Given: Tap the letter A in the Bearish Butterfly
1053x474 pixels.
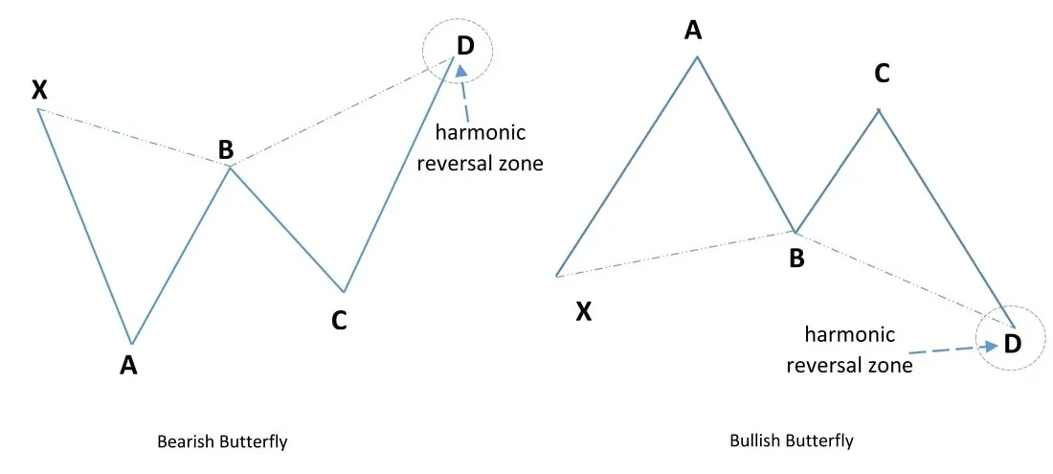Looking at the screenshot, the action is [128, 365].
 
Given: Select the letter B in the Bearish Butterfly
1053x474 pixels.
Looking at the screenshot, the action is [226, 150].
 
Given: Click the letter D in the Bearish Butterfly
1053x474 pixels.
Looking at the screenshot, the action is [464, 46].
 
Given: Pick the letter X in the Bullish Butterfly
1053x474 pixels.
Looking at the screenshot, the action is [584, 311].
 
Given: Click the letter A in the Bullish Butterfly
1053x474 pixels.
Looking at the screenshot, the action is [692, 31].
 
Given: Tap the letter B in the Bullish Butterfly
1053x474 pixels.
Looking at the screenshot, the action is [796, 259].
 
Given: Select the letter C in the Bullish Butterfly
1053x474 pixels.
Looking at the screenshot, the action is [883, 74].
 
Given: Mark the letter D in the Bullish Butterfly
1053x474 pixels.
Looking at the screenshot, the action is [1012, 345].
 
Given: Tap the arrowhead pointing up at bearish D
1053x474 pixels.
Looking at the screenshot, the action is [460, 71].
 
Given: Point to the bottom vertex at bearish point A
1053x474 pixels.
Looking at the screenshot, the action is [132, 343].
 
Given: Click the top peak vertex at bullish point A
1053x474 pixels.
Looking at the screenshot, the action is [698, 57].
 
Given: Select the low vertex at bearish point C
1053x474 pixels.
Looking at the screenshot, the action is [344, 291].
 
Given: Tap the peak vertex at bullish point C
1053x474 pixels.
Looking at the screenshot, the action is [879, 109].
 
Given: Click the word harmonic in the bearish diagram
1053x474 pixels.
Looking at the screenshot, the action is [481, 132].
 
